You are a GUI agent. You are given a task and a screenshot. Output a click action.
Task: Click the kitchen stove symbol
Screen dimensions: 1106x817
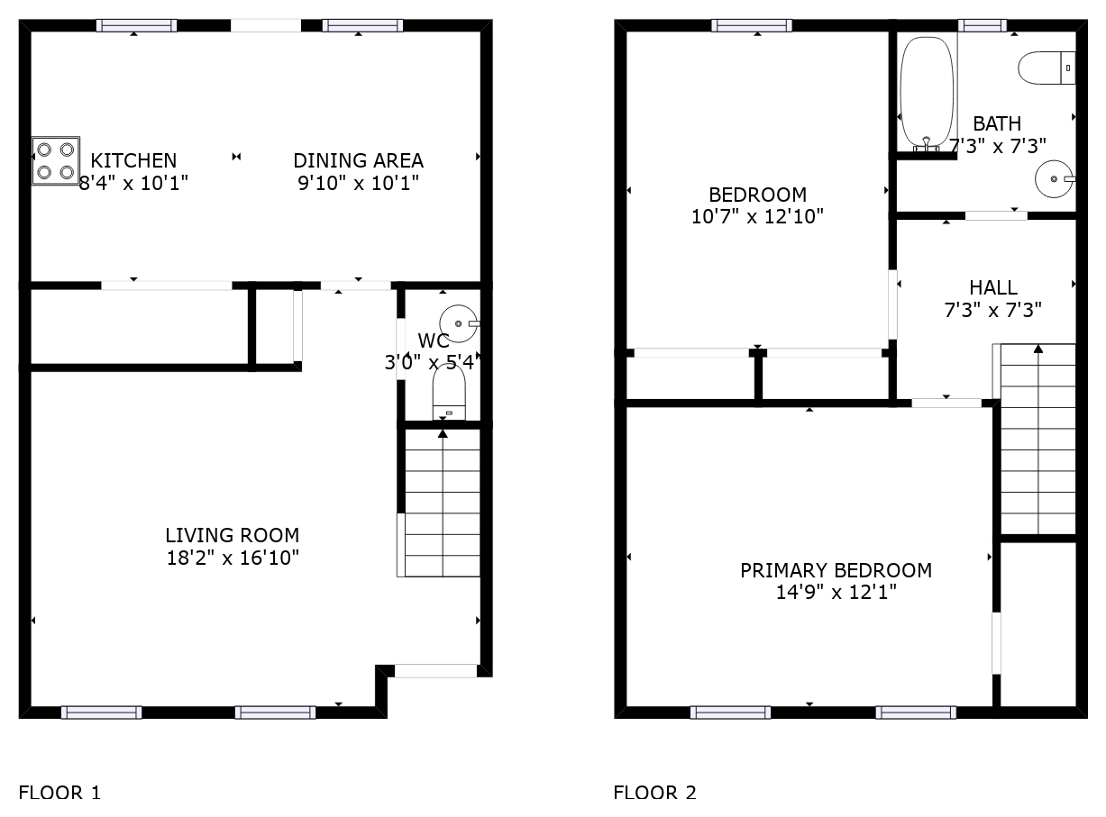pos(56,160)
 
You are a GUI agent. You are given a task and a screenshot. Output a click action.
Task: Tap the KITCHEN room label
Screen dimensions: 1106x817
pos(133,161)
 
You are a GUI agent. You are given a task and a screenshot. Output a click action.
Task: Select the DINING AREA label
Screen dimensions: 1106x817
pos(358,161)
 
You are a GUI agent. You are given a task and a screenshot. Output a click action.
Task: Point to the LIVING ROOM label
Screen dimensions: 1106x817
pos(233,535)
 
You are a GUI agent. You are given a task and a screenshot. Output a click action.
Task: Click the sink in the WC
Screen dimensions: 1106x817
pos(459,323)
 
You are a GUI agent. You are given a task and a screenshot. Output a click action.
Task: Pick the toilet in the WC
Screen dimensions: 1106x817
pos(449,392)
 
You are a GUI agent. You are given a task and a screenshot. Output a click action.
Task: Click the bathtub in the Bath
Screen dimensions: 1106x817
pos(927,94)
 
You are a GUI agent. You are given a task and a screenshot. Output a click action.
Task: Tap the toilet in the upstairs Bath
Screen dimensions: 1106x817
pos(1047,68)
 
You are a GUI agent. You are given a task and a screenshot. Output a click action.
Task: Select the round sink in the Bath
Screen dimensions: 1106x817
pos(1055,179)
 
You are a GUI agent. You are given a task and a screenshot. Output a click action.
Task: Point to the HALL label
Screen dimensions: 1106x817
pos(993,288)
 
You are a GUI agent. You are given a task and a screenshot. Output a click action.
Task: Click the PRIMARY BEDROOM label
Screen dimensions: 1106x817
pos(836,571)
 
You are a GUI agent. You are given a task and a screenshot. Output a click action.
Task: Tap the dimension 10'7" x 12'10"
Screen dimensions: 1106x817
pos(757,217)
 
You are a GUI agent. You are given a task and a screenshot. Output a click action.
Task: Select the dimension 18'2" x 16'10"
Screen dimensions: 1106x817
pos(233,558)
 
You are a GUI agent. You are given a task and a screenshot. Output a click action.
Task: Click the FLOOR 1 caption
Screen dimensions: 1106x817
pos(59,793)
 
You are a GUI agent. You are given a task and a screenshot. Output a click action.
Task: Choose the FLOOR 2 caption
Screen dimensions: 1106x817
pos(654,793)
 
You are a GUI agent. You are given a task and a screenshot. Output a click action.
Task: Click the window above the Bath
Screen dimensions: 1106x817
pos(983,25)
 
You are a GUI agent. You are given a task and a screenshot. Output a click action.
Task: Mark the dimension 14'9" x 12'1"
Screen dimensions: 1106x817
pos(836,593)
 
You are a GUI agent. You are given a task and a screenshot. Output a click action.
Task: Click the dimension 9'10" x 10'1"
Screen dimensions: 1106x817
pos(358,184)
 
